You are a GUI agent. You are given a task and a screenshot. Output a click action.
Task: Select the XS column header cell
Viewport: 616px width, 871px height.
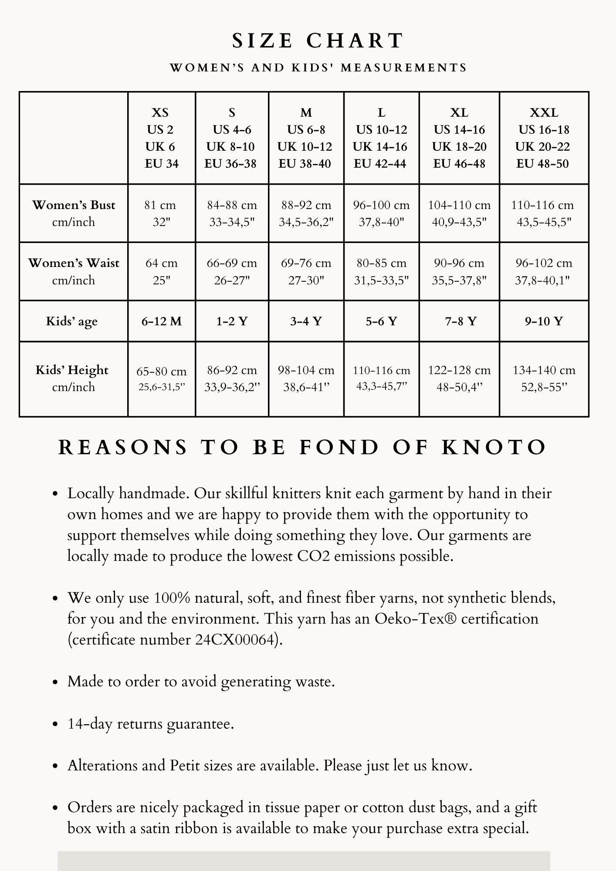coord(161,138)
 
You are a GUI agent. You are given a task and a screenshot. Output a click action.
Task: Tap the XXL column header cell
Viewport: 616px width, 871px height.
coord(544,138)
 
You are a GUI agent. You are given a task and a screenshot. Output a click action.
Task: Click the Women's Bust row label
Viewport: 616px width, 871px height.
coord(74,213)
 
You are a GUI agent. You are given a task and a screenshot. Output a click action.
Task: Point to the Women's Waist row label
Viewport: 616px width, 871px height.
coord(74,271)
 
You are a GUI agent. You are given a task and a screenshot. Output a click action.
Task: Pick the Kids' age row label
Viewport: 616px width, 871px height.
coord(72,321)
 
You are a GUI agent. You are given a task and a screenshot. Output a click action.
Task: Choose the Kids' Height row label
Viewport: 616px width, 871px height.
coord(72,378)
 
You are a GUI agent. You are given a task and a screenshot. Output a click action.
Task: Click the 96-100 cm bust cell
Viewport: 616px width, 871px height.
coord(381,213)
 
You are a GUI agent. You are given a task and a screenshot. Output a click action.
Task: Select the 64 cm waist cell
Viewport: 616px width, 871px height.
coord(161,271)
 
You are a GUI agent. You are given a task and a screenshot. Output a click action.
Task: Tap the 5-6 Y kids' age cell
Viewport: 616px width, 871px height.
coord(381,321)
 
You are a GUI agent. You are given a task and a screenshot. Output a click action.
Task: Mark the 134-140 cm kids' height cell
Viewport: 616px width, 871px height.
coord(544,378)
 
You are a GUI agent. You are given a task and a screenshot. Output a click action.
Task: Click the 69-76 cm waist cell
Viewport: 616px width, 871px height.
coord(306,271)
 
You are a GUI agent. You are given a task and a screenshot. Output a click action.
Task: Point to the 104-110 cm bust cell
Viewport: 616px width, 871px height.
coord(459,213)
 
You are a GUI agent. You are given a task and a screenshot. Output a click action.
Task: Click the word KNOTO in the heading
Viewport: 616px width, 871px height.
coord(494,448)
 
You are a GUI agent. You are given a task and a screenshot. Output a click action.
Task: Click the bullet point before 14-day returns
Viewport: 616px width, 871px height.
coord(55,724)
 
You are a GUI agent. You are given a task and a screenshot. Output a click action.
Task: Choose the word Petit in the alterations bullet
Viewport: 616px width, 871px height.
coord(185,765)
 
